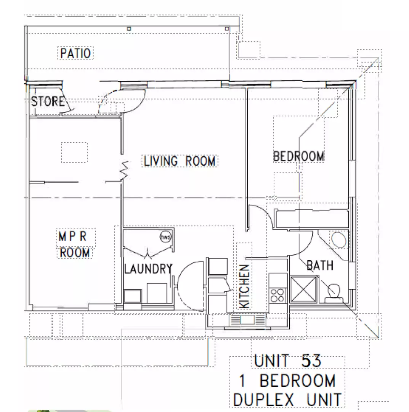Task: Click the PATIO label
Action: coord(75,53)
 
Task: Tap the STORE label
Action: coord(47,102)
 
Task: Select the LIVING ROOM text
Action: coord(179,161)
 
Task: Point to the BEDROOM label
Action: coord(299,156)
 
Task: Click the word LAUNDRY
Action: coord(148,269)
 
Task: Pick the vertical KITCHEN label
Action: coord(244,286)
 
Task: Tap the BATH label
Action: coord(320,265)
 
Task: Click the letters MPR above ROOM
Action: coord(72,237)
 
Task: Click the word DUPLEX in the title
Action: coord(263,401)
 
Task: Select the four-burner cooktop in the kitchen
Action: coord(277,295)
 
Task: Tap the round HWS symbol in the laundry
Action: coord(166,237)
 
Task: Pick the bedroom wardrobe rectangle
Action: coord(312,218)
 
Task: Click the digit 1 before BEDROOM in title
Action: coord(243,381)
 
